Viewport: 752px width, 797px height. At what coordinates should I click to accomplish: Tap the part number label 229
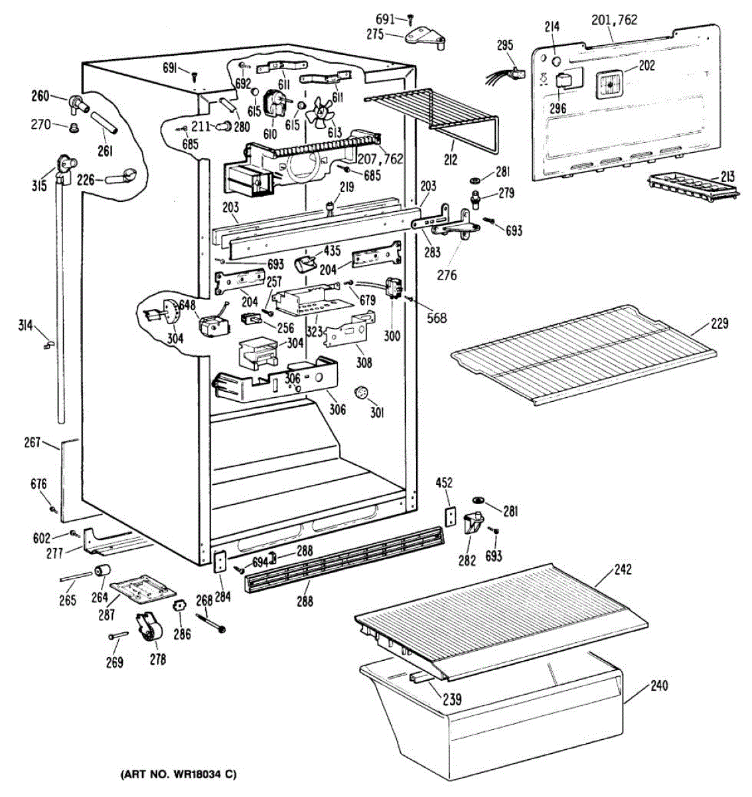point(719,324)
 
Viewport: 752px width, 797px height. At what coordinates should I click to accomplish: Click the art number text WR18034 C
point(178,774)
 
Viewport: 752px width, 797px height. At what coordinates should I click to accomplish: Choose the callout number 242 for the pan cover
point(623,569)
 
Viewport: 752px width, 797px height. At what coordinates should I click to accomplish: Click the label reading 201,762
point(614,20)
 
